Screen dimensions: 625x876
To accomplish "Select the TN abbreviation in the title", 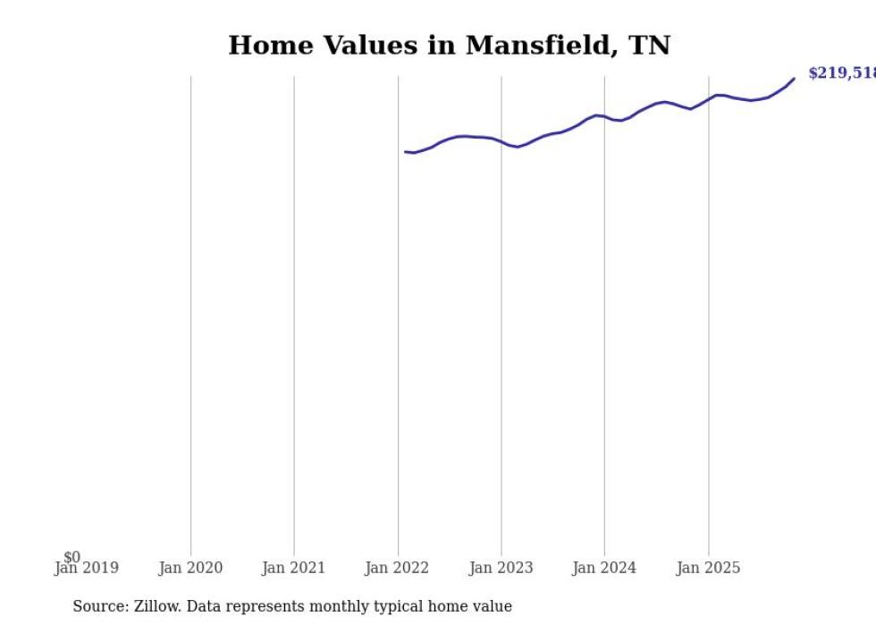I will [651, 46].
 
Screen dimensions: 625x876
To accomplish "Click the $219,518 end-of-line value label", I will [841, 73].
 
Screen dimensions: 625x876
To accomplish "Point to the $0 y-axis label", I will [72, 557].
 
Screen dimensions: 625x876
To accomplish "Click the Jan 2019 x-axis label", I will [86, 568].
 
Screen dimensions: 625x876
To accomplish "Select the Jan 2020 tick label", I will [190, 568].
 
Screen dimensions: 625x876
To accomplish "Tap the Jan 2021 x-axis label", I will [294, 568].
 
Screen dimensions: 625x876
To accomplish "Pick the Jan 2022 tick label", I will [397, 568].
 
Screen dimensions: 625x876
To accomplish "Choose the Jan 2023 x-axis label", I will [501, 568].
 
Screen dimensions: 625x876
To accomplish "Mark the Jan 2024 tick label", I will [604, 568].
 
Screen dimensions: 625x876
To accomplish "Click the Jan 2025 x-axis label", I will [708, 568].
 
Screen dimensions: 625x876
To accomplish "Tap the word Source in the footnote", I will [98, 606].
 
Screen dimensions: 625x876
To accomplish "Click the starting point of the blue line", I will [405, 152].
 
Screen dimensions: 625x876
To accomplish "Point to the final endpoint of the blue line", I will [794, 79].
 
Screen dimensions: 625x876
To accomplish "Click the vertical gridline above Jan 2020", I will [190, 313].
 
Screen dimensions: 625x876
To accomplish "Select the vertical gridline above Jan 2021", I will [294, 313].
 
